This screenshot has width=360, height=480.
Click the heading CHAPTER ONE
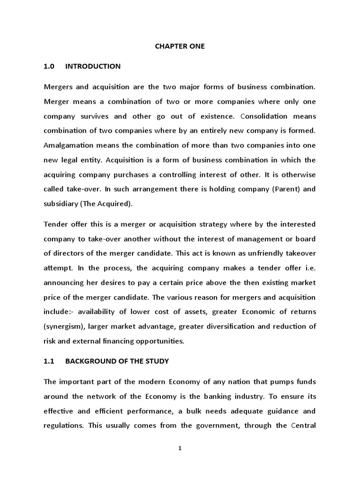click(x=180, y=46)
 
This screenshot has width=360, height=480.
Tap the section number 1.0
click(x=49, y=67)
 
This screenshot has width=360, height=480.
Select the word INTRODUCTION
click(x=93, y=67)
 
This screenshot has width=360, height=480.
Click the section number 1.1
click(x=49, y=361)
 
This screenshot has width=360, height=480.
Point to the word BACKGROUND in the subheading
click(x=86, y=361)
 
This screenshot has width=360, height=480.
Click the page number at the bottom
click(x=180, y=448)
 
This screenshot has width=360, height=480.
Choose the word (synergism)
click(x=65, y=326)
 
